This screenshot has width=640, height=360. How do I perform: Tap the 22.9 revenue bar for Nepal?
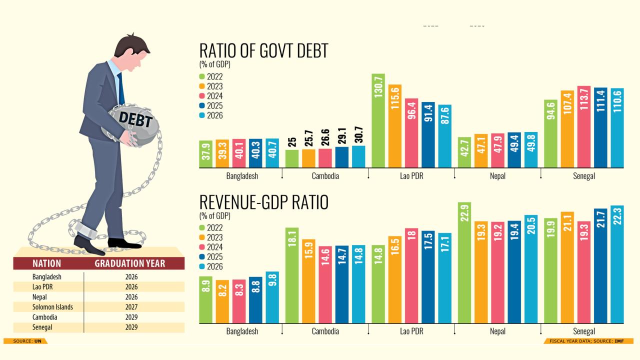tap(464, 262)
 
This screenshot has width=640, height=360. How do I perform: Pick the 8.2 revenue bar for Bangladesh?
tap(222, 301)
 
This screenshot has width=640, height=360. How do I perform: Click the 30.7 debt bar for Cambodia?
tap(358, 156)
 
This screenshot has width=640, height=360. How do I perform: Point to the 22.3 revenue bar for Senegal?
tap(617, 264)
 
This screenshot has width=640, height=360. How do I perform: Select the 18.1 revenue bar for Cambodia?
tap(292, 275)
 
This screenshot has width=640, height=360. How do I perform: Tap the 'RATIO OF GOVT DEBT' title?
tap(263, 51)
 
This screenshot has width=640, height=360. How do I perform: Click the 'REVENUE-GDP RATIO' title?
tap(263, 202)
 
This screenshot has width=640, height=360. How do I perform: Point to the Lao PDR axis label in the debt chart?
tap(411, 176)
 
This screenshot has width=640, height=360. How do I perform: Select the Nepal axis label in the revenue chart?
tap(497, 331)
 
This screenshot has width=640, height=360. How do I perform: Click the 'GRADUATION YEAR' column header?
tap(129, 263)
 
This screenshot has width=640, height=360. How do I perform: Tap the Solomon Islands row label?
tap(52, 307)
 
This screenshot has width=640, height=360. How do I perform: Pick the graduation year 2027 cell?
tap(131, 307)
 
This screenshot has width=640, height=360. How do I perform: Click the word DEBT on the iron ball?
tap(135, 120)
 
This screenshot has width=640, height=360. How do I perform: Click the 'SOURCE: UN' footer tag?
tap(25, 341)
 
